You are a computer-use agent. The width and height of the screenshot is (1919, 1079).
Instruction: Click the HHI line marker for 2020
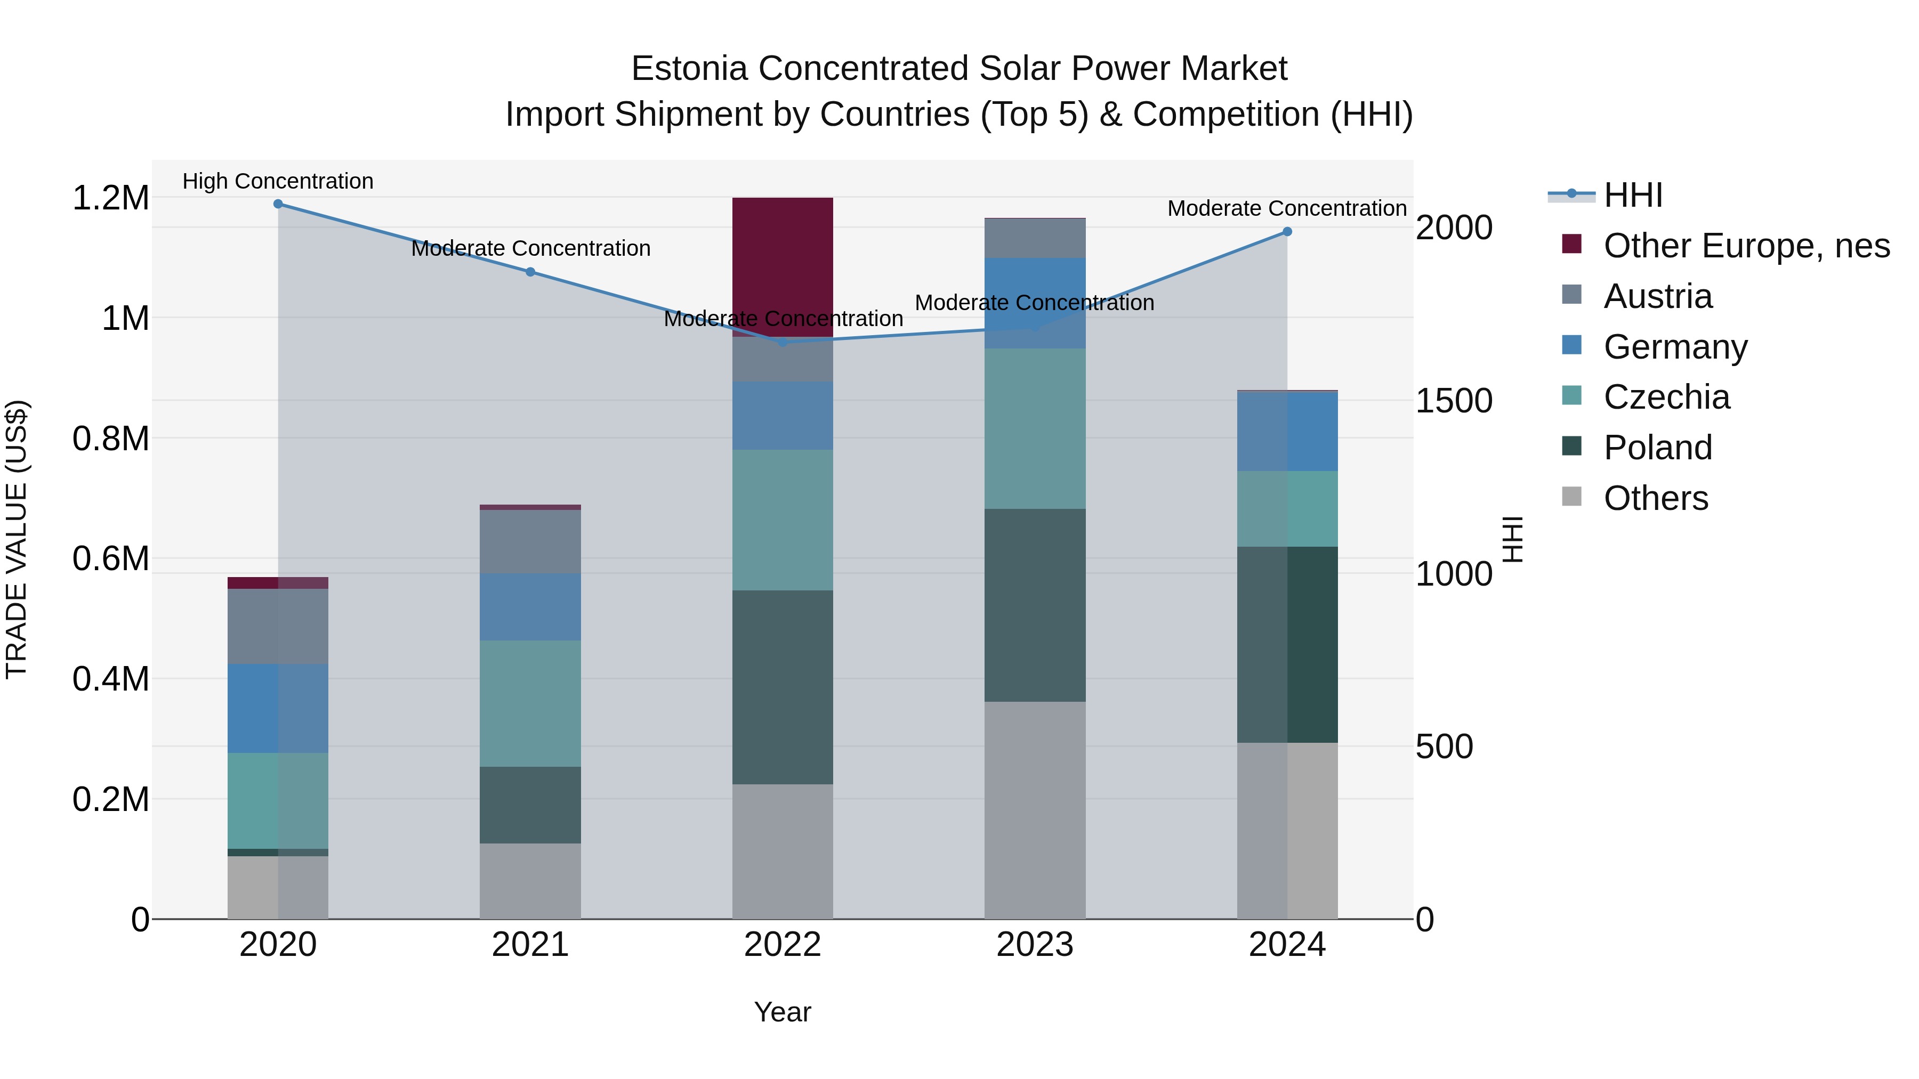click(x=278, y=204)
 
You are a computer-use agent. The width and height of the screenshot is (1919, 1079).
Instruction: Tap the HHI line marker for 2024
click(x=1287, y=232)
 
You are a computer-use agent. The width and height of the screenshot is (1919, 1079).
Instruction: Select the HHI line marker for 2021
click(x=530, y=272)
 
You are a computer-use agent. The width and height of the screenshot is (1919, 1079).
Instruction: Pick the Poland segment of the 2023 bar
click(x=1035, y=605)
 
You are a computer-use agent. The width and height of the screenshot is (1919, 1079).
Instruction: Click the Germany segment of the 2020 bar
click(x=278, y=708)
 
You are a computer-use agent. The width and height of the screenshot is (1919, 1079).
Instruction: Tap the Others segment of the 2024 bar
click(x=1287, y=830)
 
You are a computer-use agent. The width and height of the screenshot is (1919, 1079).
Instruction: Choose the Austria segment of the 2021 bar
click(x=530, y=541)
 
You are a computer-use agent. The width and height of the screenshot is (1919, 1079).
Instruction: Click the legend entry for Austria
click(x=1657, y=296)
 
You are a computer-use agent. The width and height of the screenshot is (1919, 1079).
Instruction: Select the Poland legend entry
click(x=1657, y=448)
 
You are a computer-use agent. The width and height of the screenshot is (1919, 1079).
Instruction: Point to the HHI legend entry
click(x=1632, y=195)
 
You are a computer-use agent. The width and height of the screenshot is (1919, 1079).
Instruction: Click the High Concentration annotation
click(x=278, y=181)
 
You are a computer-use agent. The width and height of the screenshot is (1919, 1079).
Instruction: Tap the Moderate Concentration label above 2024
click(x=1287, y=208)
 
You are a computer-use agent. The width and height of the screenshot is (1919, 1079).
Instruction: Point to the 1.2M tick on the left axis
click(x=110, y=198)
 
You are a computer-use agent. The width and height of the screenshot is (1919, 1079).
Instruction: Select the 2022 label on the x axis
click(x=782, y=945)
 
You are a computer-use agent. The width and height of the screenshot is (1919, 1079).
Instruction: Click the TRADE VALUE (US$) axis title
click(x=17, y=539)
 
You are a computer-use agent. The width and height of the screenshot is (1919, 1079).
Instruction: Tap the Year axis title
click(x=782, y=1012)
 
